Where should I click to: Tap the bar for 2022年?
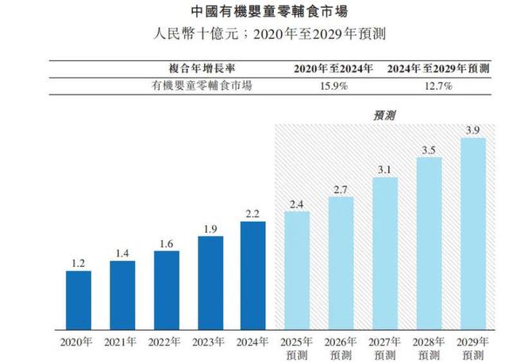(x=166, y=289)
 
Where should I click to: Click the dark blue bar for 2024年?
(x=253, y=275)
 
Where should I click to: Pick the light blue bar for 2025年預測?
(x=297, y=270)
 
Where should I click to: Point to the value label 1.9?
(x=210, y=228)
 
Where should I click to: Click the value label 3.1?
(x=384, y=168)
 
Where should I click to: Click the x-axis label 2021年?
(x=121, y=343)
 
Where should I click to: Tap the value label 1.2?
(x=78, y=262)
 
